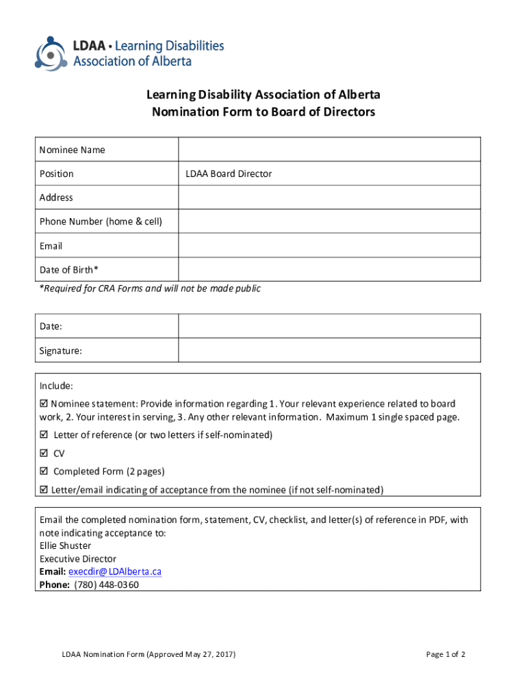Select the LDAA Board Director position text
point(229,174)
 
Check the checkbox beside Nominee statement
point(44,404)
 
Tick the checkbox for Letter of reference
point(44,435)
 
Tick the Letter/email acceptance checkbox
point(44,489)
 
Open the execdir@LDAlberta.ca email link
point(114,571)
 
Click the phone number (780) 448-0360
point(106,584)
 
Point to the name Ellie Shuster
point(65,546)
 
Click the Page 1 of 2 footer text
point(446,654)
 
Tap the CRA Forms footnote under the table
point(150,288)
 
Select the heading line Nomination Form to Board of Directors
point(263,112)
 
